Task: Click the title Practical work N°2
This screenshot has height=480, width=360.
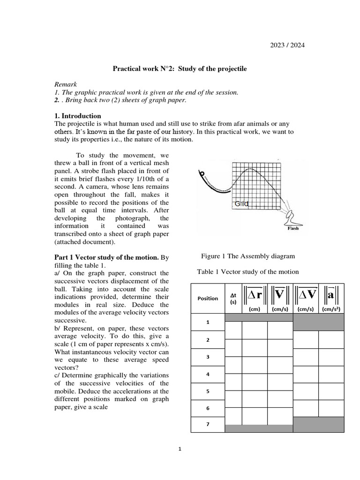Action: [180, 68]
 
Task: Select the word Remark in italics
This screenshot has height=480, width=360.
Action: [65, 84]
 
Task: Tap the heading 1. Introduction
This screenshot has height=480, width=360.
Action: [78, 116]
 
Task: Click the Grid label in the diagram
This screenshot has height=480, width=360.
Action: [241, 204]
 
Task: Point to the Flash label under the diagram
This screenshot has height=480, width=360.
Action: [293, 228]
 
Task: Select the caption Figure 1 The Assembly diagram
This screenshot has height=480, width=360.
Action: [248, 256]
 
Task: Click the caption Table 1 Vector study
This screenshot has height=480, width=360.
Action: [248, 271]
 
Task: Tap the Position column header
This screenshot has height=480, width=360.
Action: [208, 299]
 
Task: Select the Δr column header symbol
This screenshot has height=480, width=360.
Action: [255, 294]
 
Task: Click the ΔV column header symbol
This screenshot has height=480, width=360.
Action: [306, 294]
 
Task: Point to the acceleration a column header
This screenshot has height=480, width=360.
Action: [331, 294]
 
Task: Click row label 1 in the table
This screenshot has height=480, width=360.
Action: [208, 322]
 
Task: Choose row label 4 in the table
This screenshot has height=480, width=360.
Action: [208, 374]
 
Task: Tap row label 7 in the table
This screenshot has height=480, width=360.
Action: [208, 425]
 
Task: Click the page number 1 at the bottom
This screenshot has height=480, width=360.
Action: [180, 449]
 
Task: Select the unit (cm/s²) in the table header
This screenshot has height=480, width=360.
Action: [331, 309]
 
